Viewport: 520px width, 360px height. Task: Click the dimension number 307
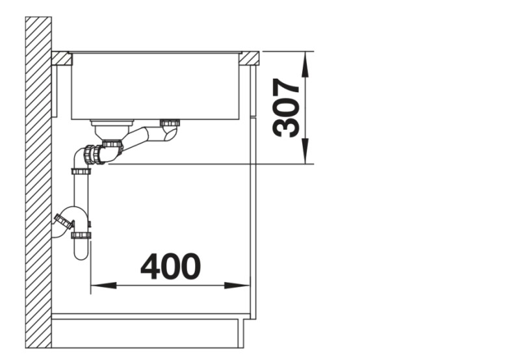click(x=287, y=108)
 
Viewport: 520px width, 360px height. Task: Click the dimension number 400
click(x=171, y=266)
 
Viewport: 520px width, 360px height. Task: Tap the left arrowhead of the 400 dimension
click(x=97, y=285)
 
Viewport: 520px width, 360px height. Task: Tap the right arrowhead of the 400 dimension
click(x=243, y=285)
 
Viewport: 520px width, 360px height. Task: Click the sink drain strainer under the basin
click(x=111, y=123)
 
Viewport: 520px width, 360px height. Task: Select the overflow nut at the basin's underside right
click(x=170, y=122)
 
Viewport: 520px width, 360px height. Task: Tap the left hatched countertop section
click(x=61, y=58)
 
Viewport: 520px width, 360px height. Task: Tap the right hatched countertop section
click(x=250, y=58)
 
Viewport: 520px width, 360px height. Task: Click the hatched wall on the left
click(x=38, y=182)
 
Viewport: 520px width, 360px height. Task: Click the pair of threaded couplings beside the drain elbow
click(x=98, y=153)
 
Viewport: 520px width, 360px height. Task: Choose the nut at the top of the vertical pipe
click(x=81, y=172)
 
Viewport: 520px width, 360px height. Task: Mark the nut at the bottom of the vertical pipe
click(x=81, y=234)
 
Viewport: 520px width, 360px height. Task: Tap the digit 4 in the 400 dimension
click(x=151, y=266)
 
